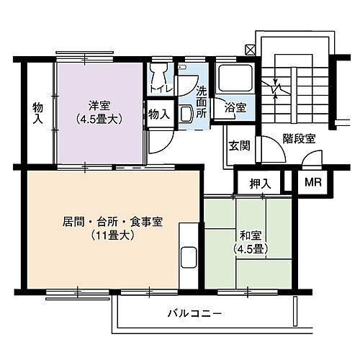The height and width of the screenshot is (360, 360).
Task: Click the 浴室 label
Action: click(235, 107)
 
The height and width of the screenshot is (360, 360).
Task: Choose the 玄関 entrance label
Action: click(239, 145)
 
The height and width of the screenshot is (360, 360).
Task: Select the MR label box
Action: click(312, 182)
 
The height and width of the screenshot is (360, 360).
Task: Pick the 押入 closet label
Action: click(259, 183)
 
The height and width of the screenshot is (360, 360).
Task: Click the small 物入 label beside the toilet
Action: click(159, 113)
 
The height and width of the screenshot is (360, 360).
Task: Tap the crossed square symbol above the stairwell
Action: click(250, 50)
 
